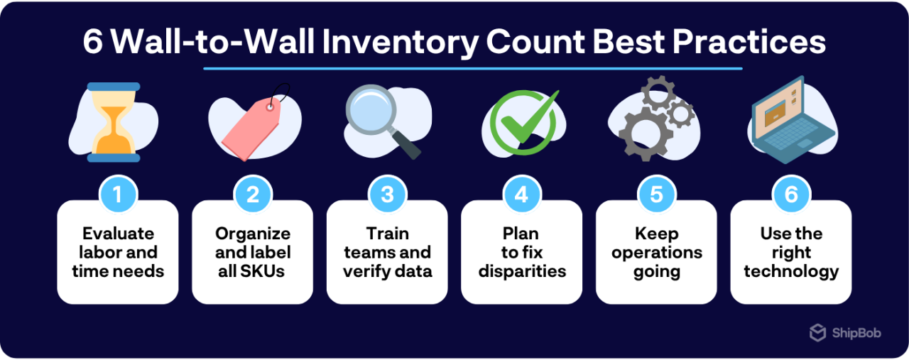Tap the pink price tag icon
click(x=252, y=128)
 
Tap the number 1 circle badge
click(x=117, y=195)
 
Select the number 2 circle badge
click(x=252, y=195)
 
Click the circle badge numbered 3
click(x=387, y=195)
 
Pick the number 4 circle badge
click(x=522, y=195)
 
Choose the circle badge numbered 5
click(x=656, y=195)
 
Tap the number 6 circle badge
click(x=791, y=195)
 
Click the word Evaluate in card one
click(x=118, y=234)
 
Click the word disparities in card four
click(x=522, y=271)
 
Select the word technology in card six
click(x=791, y=271)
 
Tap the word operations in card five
click(x=657, y=253)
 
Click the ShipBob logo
click(x=845, y=332)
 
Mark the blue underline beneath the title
click(x=472, y=69)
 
